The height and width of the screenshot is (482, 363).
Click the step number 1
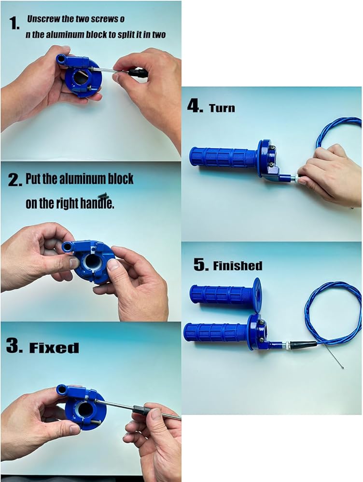coord(14,23)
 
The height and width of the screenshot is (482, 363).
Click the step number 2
coord(15,180)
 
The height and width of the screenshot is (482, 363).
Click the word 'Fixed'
coord(54,348)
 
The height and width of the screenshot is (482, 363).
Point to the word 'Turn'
coord(222,108)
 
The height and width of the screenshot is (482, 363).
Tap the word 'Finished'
coord(237,266)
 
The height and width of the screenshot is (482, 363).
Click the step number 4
coord(195,107)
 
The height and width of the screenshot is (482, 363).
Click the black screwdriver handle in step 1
coord(137,73)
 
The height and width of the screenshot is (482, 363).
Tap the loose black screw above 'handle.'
coord(103,195)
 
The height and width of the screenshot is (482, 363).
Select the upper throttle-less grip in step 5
coord(225,294)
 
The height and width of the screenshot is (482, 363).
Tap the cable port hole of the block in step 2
coord(68,246)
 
